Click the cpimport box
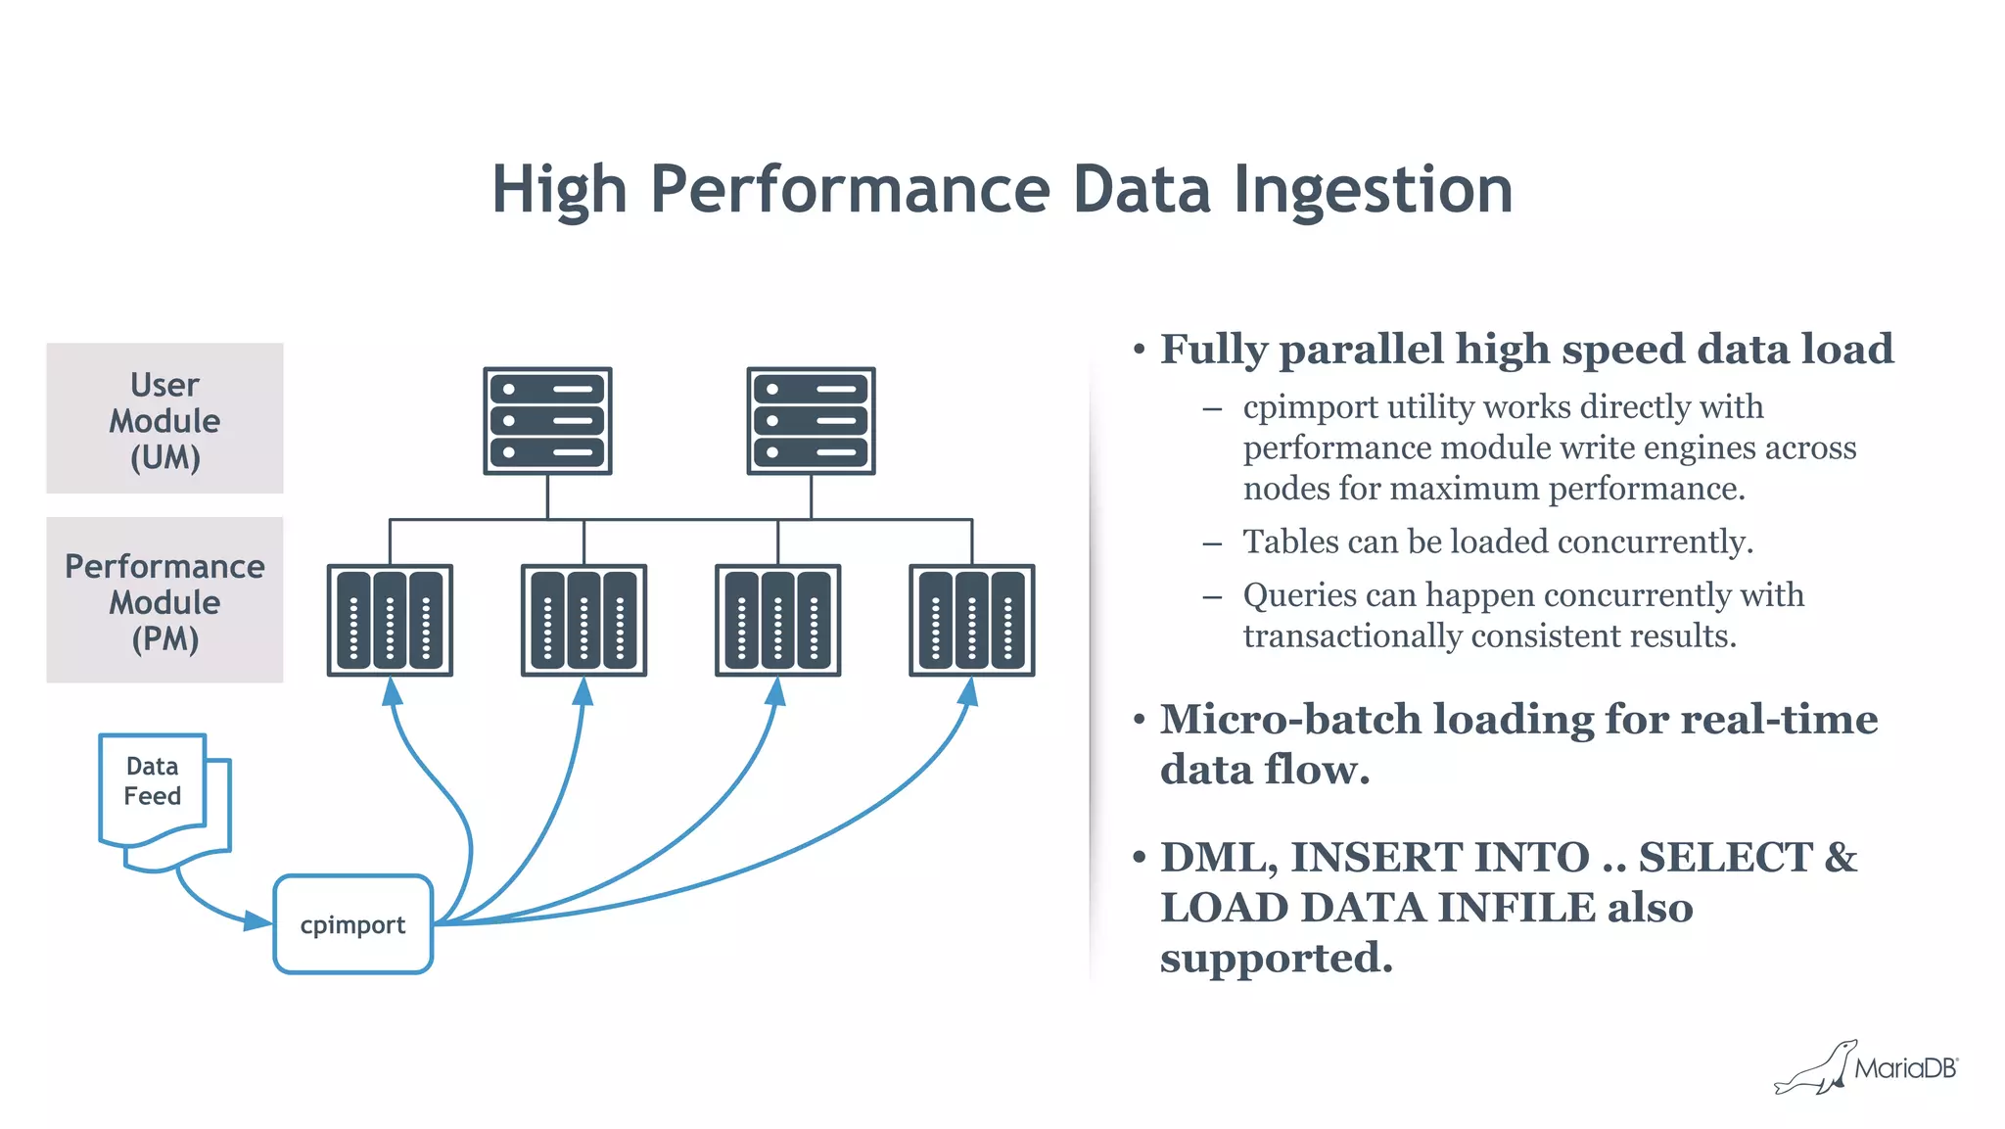[352, 924]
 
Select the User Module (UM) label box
[164, 419]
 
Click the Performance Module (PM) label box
[164, 600]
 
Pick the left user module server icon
[547, 421]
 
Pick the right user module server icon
[811, 421]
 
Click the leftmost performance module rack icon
[390, 620]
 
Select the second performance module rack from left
[583, 620]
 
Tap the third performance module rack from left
[777, 620]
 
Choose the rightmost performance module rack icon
[971, 620]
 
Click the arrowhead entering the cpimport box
[258, 920]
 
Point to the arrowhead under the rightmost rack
[969, 691]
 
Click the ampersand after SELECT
[1841, 858]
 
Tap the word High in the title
[559, 189]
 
